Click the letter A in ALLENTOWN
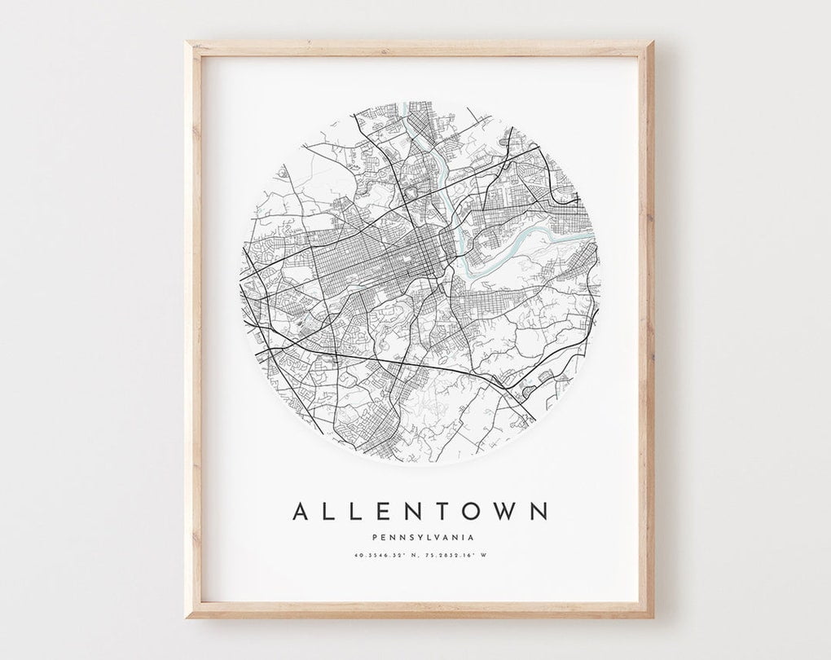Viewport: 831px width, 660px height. click(301, 512)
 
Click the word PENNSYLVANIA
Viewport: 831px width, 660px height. click(420, 537)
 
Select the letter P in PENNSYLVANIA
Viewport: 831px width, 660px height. click(372, 537)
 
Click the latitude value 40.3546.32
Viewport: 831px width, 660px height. click(379, 557)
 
